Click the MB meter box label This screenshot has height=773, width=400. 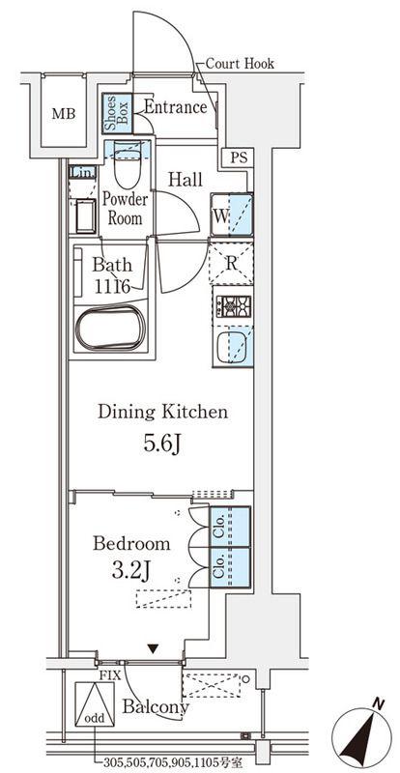pyautogui.click(x=64, y=114)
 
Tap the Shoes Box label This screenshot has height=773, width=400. pyautogui.click(x=117, y=113)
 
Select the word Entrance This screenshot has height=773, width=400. pyautogui.click(x=175, y=107)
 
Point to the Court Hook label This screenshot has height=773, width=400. pyautogui.click(x=240, y=63)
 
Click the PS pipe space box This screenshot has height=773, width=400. pyautogui.click(x=237, y=158)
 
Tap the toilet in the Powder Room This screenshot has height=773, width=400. pyautogui.click(x=127, y=164)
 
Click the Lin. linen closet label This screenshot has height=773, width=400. pyautogui.click(x=82, y=173)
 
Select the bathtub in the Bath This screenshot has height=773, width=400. pyautogui.click(x=110, y=328)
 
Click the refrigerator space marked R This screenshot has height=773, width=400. pyautogui.click(x=231, y=263)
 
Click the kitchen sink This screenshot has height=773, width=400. pyautogui.click(x=233, y=347)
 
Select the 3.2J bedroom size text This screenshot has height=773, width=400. pyautogui.click(x=132, y=572)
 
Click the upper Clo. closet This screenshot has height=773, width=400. pyautogui.click(x=230, y=527)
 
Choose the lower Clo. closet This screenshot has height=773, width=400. pyautogui.click(x=230, y=567)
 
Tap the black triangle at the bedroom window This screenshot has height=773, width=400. pyautogui.click(x=154, y=649)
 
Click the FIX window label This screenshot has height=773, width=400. pyautogui.click(x=110, y=675)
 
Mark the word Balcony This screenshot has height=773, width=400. pyautogui.click(x=156, y=707)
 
